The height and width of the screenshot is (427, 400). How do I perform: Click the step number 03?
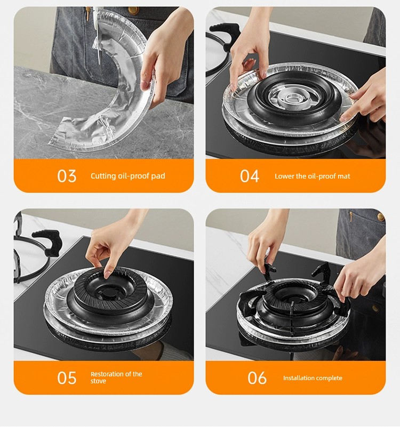pyautogui.click(x=67, y=176)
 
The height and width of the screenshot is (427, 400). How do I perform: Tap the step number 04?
pyautogui.click(x=249, y=176)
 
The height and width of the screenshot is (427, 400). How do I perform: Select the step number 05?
pyautogui.click(x=67, y=378)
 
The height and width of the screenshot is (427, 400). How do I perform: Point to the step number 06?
pyautogui.click(x=257, y=378)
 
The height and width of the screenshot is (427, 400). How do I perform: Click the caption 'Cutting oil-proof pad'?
pyautogui.click(x=128, y=176)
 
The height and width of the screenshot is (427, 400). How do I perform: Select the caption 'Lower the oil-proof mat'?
pyautogui.click(x=312, y=176)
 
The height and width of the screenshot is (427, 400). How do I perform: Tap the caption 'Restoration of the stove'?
pyautogui.click(x=116, y=377)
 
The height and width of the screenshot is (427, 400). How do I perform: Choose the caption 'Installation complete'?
pyautogui.click(x=313, y=378)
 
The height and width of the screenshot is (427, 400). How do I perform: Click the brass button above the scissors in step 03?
pyautogui.click(x=133, y=10)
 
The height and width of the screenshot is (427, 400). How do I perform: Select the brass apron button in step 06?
pyautogui.click(x=380, y=217)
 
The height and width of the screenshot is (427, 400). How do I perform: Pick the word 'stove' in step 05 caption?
pyautogui.click(x=98, y=381)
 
